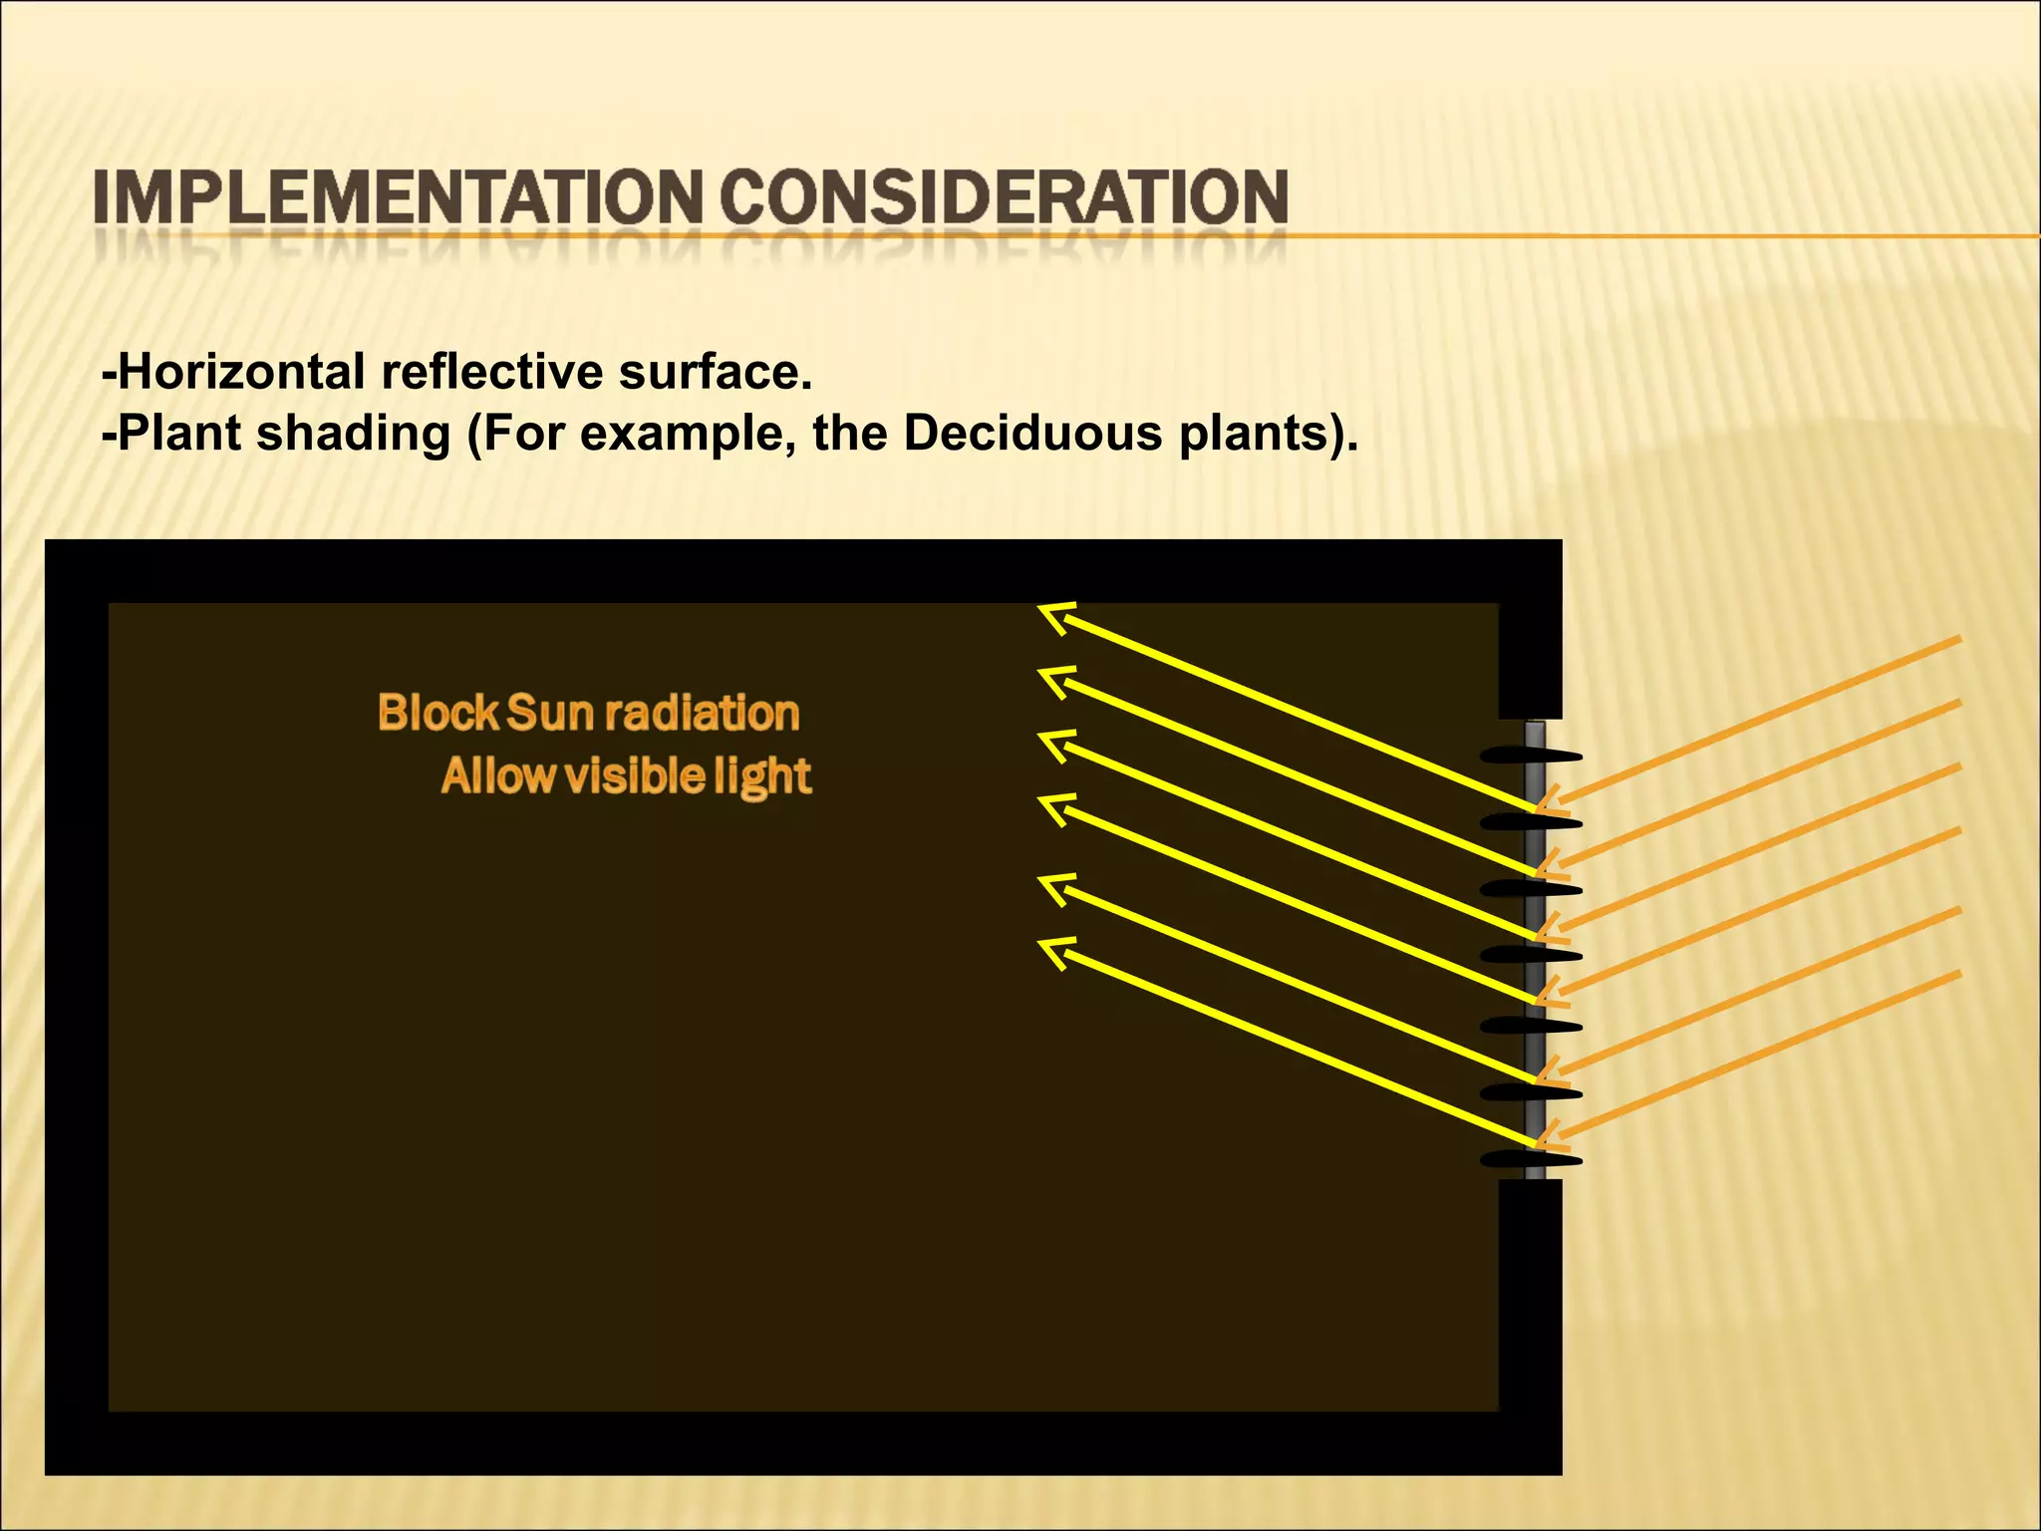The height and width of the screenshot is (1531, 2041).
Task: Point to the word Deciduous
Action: (1032, 434)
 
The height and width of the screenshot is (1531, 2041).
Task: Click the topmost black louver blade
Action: (1531, 756)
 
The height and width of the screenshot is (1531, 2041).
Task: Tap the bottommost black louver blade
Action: (1531, 1159)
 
